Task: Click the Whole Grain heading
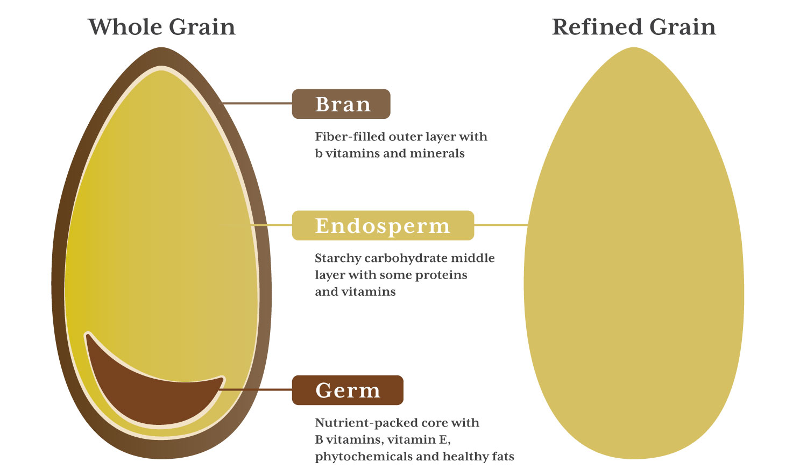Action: coord(162,27)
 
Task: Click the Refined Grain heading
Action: coord(634,27)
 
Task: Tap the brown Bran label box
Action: coord(341,104)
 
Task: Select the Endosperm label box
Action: coord(383,225)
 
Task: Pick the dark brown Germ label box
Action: coord(348,390)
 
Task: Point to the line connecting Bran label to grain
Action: coord(257,103)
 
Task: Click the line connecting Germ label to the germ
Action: coord(256,389)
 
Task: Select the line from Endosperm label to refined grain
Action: coord(501,225)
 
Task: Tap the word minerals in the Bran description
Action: coord(437,153)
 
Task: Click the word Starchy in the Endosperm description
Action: coord(338,259)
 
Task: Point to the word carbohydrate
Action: coord(406,259)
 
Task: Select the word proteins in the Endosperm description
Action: coord(441,275)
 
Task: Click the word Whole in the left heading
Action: coord(125,27)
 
